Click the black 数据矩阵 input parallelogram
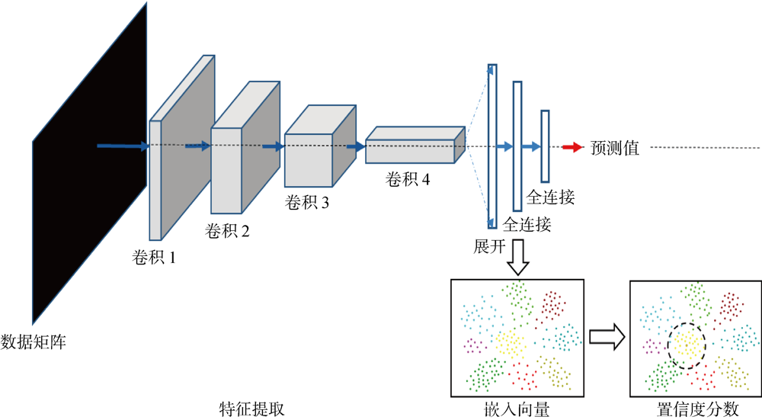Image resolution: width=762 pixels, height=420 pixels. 89,164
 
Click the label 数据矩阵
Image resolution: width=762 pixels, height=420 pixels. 34,341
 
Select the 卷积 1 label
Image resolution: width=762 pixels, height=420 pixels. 151,258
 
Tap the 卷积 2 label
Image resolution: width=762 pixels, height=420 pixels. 227,231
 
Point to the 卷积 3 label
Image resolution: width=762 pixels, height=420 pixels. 307,203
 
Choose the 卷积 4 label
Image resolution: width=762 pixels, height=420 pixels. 408,181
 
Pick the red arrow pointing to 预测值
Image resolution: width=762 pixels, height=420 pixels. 571,148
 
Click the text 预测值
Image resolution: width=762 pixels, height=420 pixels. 615,148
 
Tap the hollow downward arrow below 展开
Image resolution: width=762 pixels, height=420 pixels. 517,258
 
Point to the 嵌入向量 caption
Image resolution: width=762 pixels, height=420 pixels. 517,409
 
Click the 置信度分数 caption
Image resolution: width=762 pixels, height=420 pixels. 696,409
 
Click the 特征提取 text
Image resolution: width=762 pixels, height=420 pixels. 251,409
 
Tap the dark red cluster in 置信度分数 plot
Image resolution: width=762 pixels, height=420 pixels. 730,306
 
